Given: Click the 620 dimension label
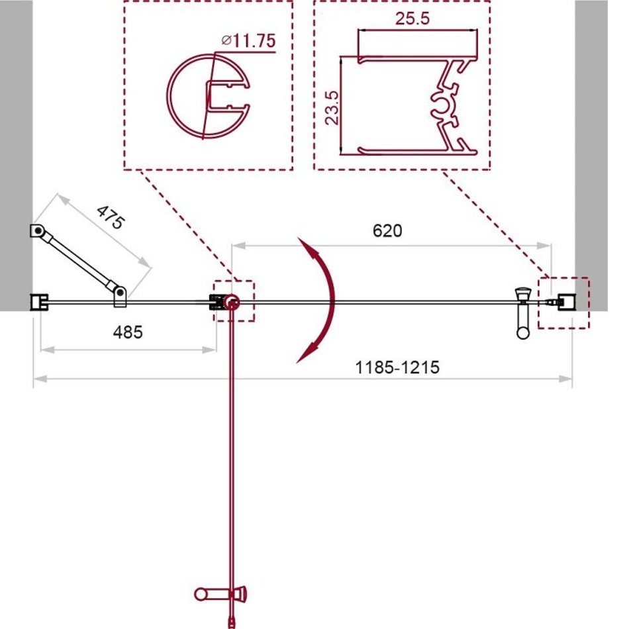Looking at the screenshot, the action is point(387,230).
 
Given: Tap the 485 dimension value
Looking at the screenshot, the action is point(128,332).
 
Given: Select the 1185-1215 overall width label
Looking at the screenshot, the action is point(397,367).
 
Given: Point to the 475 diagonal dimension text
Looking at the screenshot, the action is point(111,217).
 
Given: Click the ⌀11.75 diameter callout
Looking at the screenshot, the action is point(249,40).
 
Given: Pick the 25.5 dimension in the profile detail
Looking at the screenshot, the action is point(412,19).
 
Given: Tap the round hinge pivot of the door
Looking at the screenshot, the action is point(232,302).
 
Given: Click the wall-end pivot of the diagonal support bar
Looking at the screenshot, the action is point(37,230).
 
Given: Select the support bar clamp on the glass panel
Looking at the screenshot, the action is point(120,297).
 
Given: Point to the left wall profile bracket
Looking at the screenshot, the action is point(39,302).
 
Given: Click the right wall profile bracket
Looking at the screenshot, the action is point(567,302).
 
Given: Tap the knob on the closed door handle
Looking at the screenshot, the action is point(522,293).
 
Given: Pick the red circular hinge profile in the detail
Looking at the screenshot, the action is point(208,96).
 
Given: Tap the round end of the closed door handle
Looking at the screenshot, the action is point(523,332).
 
